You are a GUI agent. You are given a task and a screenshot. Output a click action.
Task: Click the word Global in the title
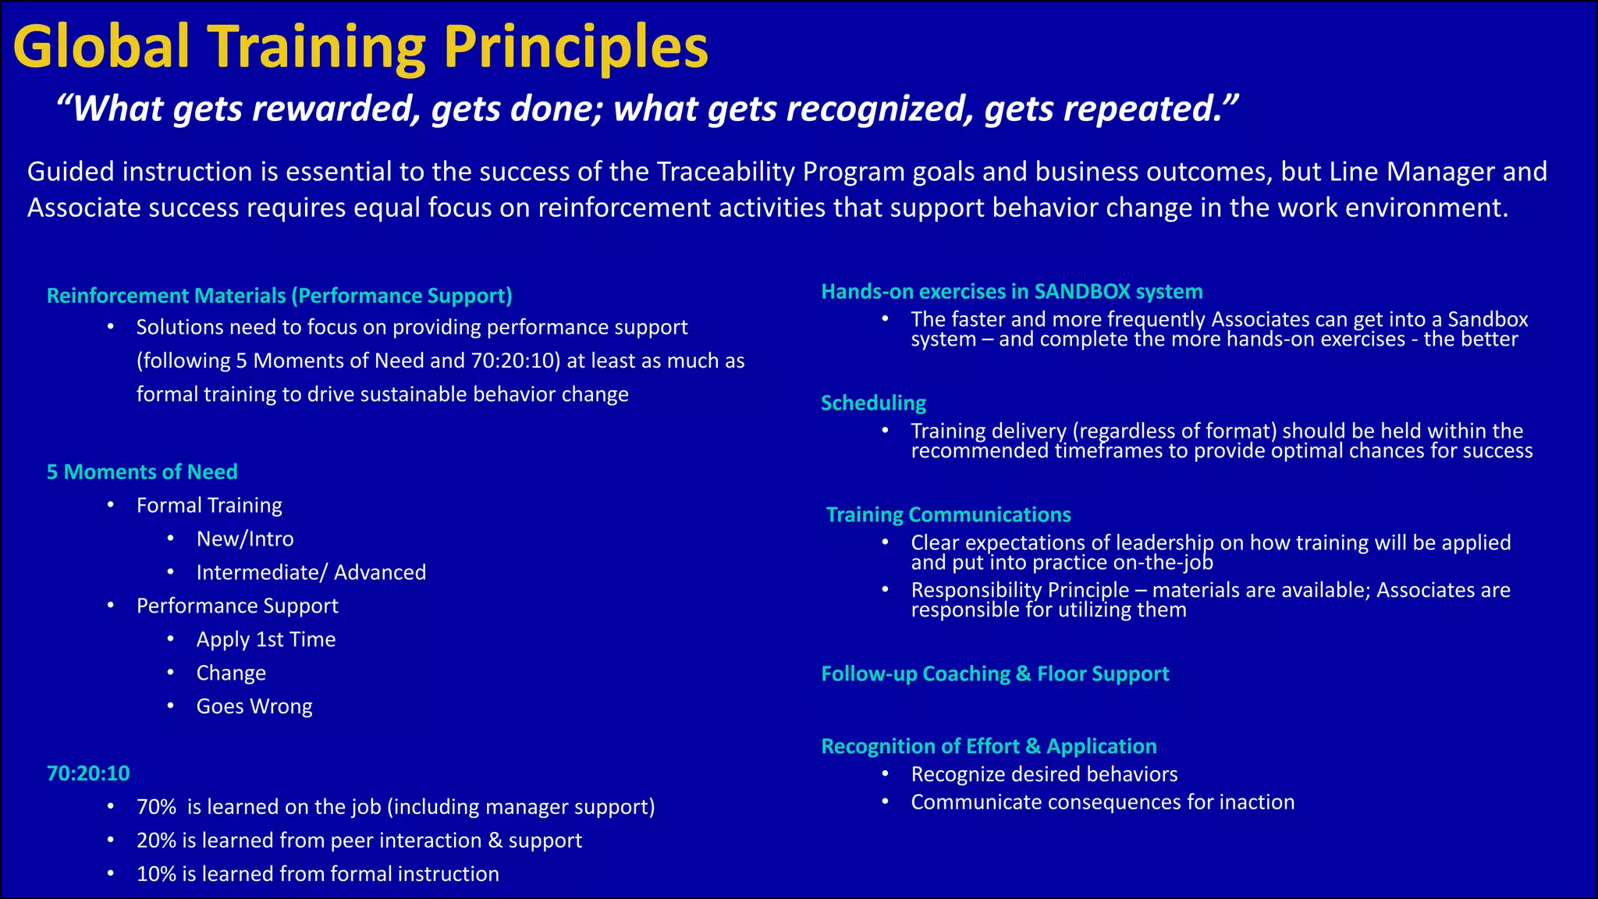pos(101,47)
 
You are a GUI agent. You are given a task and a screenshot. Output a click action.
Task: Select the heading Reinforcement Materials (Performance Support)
pos(279,296)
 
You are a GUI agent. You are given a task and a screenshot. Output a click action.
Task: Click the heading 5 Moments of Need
pos(142,472)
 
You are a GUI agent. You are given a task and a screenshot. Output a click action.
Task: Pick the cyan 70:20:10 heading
pos(88,773)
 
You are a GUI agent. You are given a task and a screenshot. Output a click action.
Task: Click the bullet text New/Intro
pos(245,539)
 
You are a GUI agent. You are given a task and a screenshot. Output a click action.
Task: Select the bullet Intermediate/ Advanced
pos(311,573)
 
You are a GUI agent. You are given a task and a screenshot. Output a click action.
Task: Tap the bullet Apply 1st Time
pos(265,640)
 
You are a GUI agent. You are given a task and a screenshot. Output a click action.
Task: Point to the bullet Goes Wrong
pos(254,707)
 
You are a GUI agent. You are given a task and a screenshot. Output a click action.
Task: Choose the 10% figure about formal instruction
pos(156,874)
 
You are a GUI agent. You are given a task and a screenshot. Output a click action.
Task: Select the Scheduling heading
pos(873,403)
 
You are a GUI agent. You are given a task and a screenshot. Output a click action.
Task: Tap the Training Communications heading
pos(948,515)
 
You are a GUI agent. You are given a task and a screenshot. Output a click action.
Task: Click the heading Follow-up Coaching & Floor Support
pos(995,674)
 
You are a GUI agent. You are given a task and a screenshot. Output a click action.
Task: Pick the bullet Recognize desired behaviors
pos(1044,774)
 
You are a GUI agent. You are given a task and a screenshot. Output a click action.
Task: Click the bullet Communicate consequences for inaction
pos(1102,802)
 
